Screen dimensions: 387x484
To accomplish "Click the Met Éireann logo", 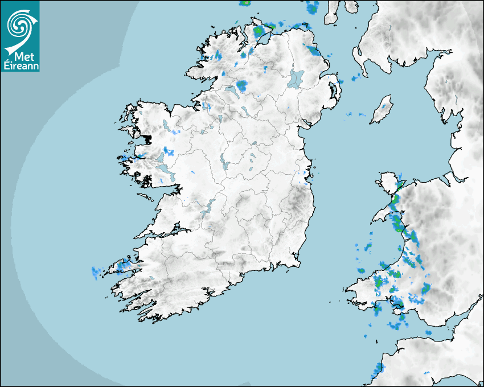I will pyautogui.click(x=20, y=36).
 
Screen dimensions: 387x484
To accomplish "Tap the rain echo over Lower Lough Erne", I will pyautogui.click(x=241, y=86).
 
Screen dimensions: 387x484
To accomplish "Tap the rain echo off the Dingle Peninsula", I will pyautogui.click(x=96, y=271).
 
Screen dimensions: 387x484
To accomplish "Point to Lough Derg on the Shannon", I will pyautogui.click(x=208, y=206).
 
